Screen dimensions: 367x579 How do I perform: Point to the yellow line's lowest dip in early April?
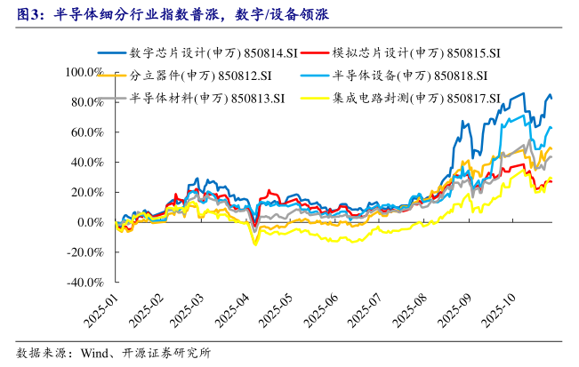click(256, 244)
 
